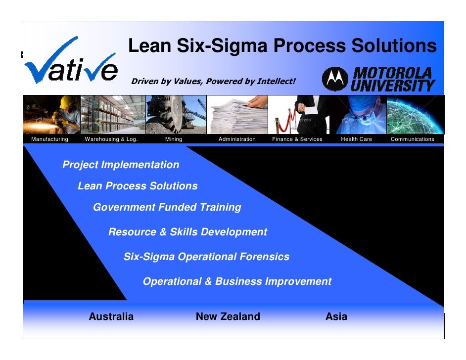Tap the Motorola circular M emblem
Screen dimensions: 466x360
click(x=335, y=80)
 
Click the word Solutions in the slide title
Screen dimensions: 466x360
click(x=394, y=46)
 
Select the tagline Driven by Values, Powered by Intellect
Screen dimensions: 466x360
click(x=213, y=81)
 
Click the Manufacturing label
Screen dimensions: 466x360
click(x=49, y=139)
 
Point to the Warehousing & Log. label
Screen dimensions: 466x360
click(x=111, y=139)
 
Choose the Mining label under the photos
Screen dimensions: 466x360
click(x=174, y=139)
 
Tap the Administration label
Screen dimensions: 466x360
click(x=237, y=139)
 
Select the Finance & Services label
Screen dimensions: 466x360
click(x=297, y=139)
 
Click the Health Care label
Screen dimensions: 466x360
click(x=356, y=139)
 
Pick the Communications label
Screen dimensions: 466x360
click(x=412, y=139)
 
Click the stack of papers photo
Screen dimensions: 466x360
click(x=236, y=115)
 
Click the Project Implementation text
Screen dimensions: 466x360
click(x=121, y=165)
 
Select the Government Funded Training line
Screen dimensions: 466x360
click(x=167, y=208)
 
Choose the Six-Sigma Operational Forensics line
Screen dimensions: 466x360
click(x=206, y=257)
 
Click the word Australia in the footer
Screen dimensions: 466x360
click(x=111, y=317)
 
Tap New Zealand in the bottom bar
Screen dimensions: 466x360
click(x=228, y=317)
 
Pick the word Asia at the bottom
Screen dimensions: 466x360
click(x=336, y=317)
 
